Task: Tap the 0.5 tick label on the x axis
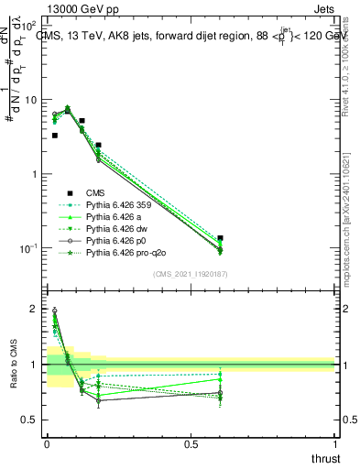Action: (191, 444)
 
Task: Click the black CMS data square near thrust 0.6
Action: (221, 238)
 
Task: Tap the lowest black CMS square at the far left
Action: (55, 136)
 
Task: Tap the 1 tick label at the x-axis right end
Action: (335, 444)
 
